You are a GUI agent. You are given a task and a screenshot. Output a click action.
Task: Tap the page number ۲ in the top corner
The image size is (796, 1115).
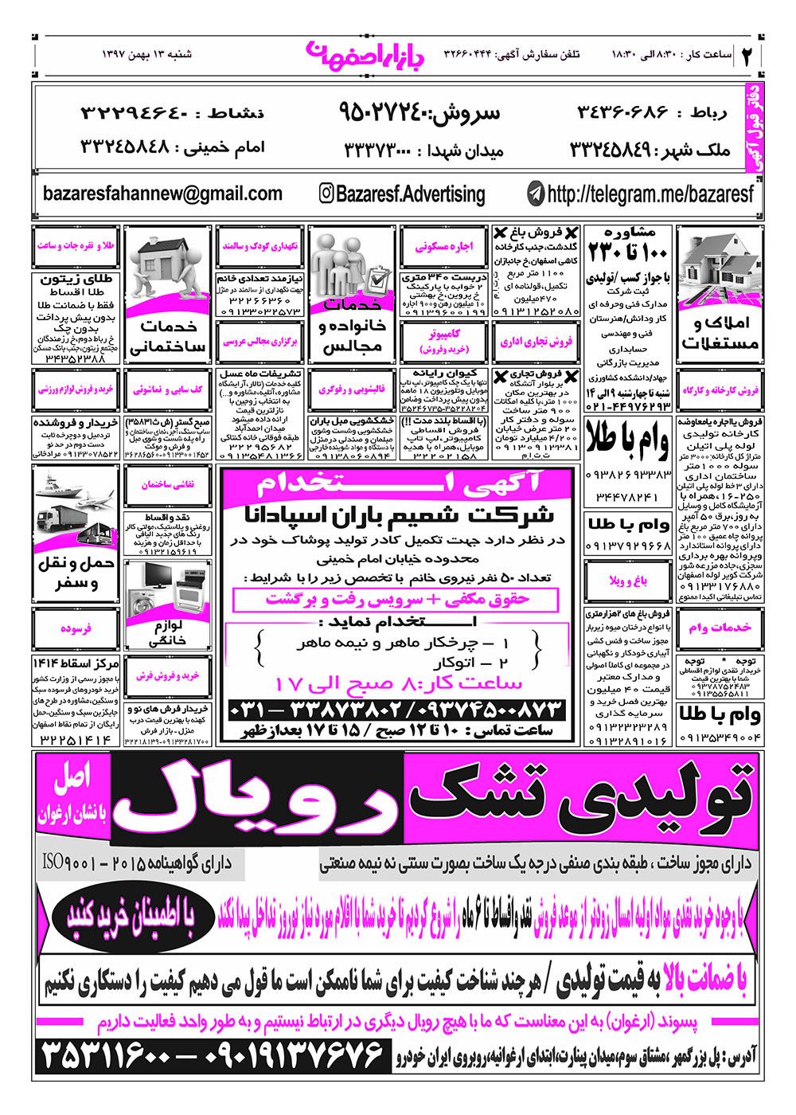click(748, 55)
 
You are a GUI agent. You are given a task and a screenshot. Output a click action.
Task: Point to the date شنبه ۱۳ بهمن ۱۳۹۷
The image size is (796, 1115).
click(147, 55)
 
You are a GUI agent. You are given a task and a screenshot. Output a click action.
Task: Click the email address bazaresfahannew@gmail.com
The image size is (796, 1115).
click(162, 194)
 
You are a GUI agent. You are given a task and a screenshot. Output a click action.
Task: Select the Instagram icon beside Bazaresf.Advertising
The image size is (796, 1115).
click(326, 194)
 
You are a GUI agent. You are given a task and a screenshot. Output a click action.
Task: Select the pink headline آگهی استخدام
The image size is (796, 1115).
click(398, 483)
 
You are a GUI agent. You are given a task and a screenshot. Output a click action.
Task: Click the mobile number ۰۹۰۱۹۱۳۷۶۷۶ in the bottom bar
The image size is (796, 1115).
click(295, 1057)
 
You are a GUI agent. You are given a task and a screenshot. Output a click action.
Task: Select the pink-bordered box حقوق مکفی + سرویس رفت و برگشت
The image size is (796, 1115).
click(396, 599)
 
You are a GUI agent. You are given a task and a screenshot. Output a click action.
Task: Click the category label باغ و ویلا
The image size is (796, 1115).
click(628, 581)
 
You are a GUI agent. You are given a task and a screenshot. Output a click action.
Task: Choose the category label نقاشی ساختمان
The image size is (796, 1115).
click(167, 484)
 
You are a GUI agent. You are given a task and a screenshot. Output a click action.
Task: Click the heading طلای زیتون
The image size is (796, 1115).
click(76, 280)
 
